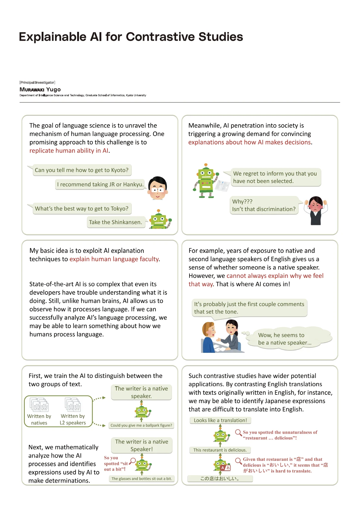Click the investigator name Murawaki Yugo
tap(40, 89)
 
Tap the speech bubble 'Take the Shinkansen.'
tap(115, 222)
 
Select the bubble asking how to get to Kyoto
tap(82, 170)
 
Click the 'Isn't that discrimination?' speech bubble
tap(264, 205)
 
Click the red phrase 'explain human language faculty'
tap(114, 259)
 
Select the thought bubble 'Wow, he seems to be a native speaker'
tap(285, 339)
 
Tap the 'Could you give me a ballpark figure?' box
tap(141, 425)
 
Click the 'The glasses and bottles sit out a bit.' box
tap(141, 479)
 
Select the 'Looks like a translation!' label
tap(220, 420)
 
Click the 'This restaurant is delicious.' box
tap(220, 450)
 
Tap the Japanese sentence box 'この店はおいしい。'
tap(220, 479)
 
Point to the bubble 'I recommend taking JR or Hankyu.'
tap(100, 185)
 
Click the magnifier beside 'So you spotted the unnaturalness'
tap(238, 432)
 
